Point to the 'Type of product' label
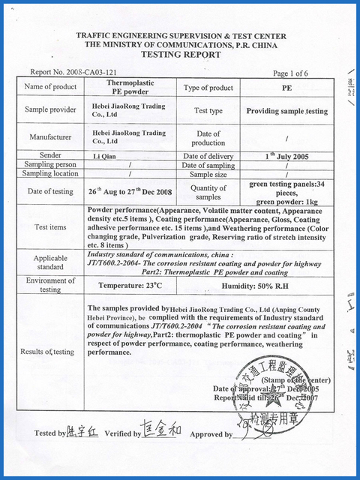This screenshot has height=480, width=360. tap(208, 88)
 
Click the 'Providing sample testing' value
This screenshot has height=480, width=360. tap(287, 111)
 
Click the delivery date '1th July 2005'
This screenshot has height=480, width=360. tap(288, 155)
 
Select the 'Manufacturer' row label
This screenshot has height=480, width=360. tap(50, 137)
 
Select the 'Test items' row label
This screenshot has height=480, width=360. tap(50, 226)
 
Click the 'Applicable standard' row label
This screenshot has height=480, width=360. tap(50, 262)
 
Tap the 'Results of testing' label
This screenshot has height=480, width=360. tap(48, 351)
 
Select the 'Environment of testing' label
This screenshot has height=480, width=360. tap(50, 285)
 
